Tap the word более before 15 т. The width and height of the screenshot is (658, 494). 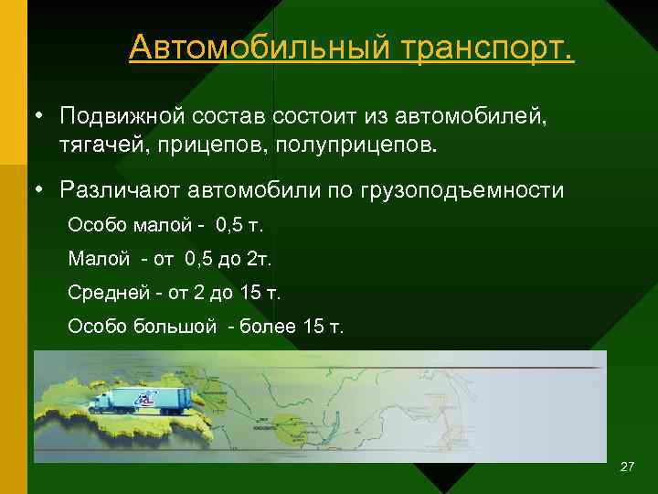point(266,327)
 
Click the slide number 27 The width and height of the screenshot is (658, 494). point(627,467)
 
